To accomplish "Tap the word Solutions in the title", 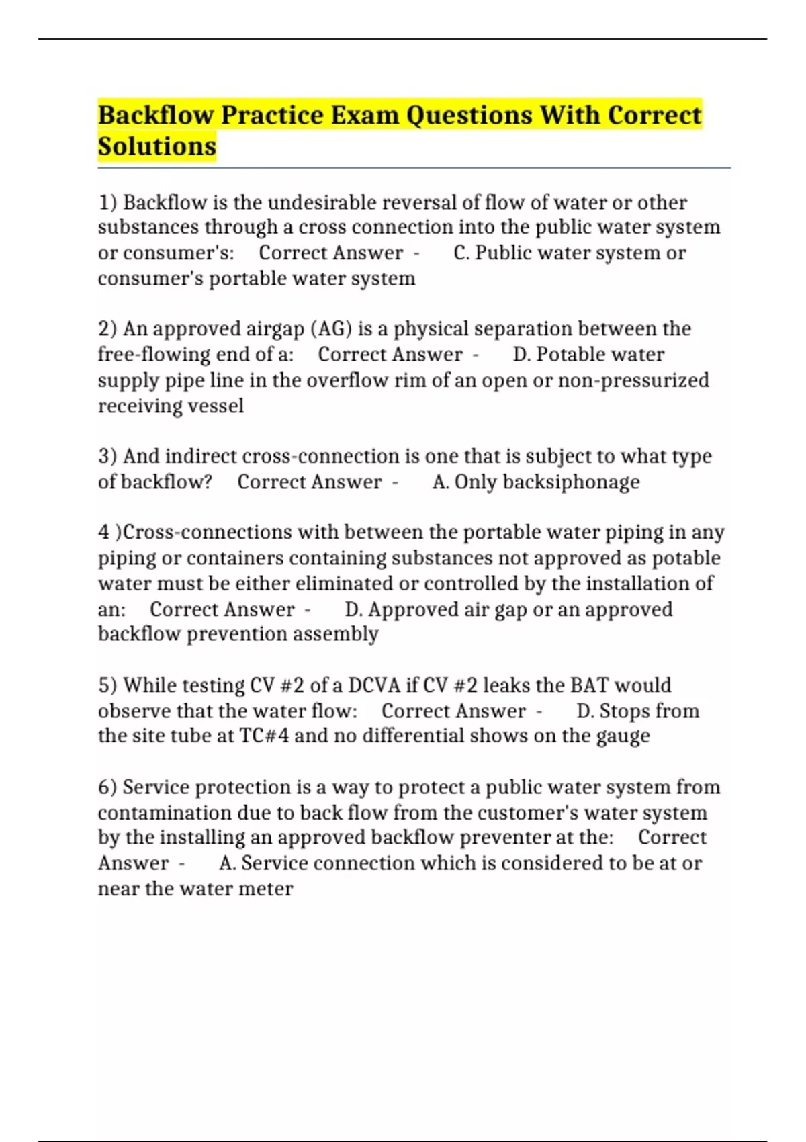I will click(x=157, y=146).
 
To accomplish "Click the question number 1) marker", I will click(x=107, y=202).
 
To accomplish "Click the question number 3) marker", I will click(x=107, y=456).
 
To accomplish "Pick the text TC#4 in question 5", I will click(x=264, y=736).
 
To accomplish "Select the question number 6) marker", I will click(x=107, y=787).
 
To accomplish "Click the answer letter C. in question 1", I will click(x=461, y=253).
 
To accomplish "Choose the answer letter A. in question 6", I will click(x=227, y=863).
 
